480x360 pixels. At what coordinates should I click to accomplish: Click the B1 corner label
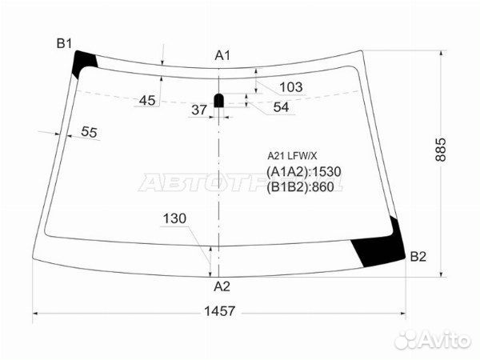(64, 43)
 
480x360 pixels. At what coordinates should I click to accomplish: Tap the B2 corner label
(418, 257)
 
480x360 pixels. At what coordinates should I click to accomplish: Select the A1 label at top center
(222, 55)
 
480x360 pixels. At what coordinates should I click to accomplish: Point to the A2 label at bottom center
(222, 286)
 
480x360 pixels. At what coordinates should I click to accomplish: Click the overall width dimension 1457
(219, 311)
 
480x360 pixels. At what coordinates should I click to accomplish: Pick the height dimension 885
(441, 150)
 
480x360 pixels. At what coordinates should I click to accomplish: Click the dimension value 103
(291, 87)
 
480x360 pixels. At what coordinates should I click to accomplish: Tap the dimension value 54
(281, 107)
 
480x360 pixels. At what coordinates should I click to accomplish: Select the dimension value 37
(199, 110)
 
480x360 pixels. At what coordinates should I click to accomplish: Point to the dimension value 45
(147, 101)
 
